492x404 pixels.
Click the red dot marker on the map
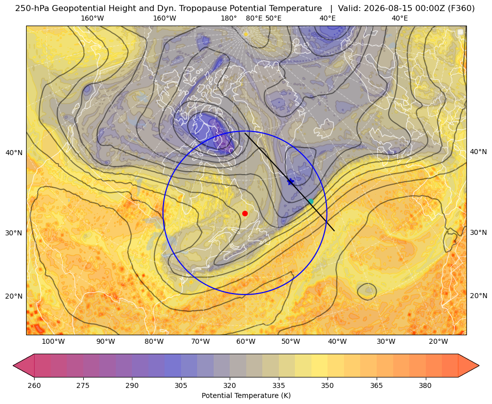click(245, 213)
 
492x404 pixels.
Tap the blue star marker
click(290, 182)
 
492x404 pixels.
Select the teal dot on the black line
click(310, 201)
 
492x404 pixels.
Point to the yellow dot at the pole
click(246, 34)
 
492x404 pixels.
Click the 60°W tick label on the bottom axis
click(246, 341)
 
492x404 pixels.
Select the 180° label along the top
click(229, 18)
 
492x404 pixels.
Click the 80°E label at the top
click(254, 18)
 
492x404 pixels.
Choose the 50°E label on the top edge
click(273, 18)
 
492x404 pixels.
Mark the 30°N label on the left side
click(14, 233)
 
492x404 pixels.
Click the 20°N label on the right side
click(478, 296)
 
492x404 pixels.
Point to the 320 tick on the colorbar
click(230, 385)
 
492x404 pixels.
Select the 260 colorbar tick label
click(34, 385)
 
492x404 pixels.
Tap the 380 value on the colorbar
click(425, 385)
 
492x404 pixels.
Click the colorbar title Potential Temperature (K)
click(246, 395)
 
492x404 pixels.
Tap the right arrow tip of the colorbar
click(479, 365)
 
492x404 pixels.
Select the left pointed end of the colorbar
click(13, 365)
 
